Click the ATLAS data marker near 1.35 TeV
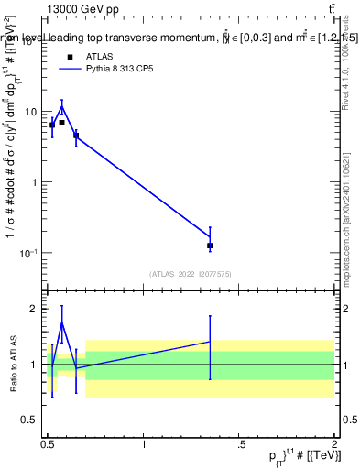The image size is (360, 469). pos(210,245)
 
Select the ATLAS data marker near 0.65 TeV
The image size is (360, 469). pos(76,136)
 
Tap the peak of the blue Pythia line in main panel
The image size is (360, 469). pos(61,106)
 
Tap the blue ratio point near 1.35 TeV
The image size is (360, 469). pos(210,342)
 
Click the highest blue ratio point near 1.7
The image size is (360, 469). pos(61,322)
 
